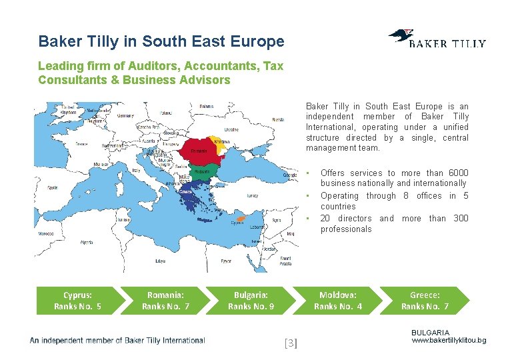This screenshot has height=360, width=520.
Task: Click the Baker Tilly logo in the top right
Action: pyautogui.click(x=437, y=40)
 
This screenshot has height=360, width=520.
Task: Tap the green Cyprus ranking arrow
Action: pyautogui.click(x=78, y=301)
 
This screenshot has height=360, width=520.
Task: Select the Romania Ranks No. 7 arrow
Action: pyautogui.click(x=165, y=301)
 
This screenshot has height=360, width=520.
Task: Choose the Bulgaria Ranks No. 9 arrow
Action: pyautogui.click(x=251, y=301)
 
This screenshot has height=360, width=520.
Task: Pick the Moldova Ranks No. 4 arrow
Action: pyautogui.click(x=337, y=301)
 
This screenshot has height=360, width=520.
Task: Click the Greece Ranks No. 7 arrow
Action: pyautogui.click(x=425, y=301)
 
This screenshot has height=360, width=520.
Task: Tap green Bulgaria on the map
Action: pyautogui.click(x=204, y=171)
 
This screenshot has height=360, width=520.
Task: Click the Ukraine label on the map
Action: pyautogui.click(x=231, y=129)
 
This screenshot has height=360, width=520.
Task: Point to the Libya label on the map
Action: pyautogui.click(x=160, y=261)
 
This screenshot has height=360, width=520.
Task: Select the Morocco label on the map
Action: pyautogui.click(x=45, y=234)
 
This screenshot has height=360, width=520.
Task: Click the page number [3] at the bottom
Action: pyautogui.click(x=291, y=343)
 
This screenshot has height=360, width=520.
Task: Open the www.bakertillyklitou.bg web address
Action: pyautogui.click(x=449, y=341)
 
